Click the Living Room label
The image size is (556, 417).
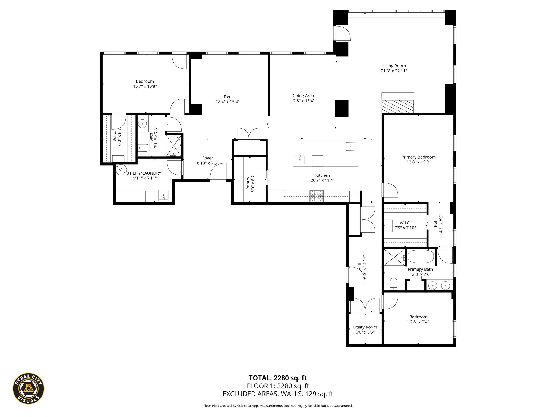394,66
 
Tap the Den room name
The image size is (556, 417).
228,97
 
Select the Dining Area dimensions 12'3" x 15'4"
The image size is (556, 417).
303,101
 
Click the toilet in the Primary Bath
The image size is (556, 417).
394,284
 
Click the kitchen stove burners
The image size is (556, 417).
317,196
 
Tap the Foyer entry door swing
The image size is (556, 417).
218,171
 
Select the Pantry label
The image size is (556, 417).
248,183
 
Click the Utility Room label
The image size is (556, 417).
365,327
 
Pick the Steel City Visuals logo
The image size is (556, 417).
29,388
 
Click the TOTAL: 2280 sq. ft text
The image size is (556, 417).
278,378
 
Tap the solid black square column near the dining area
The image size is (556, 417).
342,109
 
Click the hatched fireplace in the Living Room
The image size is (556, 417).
398,106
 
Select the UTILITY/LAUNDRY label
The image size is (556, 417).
144,173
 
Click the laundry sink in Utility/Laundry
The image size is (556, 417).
164,196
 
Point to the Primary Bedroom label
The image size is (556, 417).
418,157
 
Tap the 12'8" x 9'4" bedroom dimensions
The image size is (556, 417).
418,322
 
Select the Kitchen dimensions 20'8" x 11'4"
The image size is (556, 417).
323,180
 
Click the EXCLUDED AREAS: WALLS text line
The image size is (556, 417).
278,394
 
